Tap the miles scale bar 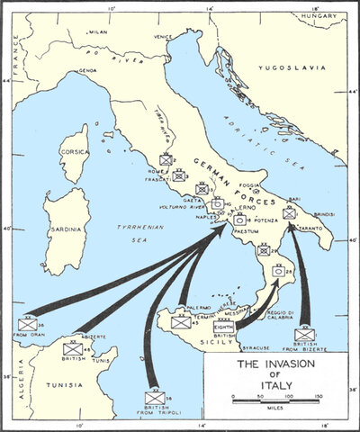click(x=276, y=395)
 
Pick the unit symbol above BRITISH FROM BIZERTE click(x=305, y=335)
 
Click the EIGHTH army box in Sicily click(x=222, y=325)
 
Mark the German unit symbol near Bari click(x=288, y=213)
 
